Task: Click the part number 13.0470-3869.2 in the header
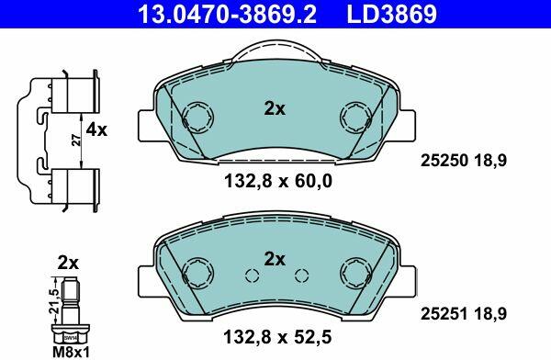click(228, 14)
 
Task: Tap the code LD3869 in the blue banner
click(392, 14)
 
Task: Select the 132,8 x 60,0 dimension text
click(278, 182)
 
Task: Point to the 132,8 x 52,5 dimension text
click(277, 338)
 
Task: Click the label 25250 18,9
click(464, 161)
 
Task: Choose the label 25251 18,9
click(464, 313)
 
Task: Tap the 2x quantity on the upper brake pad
click(275, 108)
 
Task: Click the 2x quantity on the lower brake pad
click(275, 260)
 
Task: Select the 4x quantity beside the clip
click(96, 130)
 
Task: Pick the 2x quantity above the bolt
click(68, 263)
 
